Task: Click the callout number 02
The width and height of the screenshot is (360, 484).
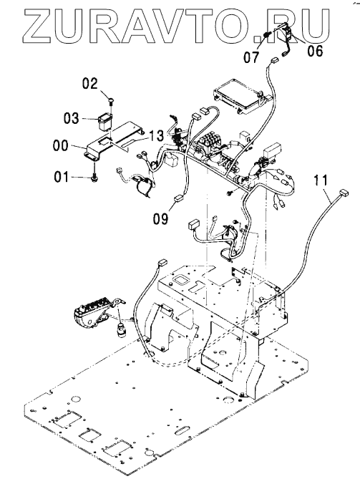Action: tap(89, 84)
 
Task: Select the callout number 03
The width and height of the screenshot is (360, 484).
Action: tap(72, 118)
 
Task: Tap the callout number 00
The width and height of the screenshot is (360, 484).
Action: tap(61, 145)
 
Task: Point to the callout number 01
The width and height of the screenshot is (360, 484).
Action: tap(62, 177)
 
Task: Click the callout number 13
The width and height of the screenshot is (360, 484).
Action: tap(157, 135)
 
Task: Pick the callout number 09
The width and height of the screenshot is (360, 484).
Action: tap(161, 218)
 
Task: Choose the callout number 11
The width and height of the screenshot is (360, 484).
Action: tap(321, 180)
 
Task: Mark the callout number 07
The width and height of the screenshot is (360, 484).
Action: tap(251, 57)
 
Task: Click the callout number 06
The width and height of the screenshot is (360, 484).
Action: tap(315, 50)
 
